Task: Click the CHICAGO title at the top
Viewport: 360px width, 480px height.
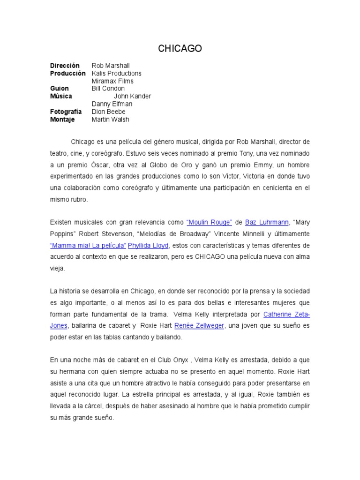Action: (x=180, y=49)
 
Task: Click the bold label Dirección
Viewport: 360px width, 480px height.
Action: (x=65, y=66)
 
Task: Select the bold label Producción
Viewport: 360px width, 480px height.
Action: (x=68, y=73)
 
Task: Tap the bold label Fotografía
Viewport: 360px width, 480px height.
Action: (x=66, y=112)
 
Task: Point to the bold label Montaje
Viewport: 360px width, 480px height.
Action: (x=63, y=119)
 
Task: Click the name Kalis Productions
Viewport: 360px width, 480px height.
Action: (x=116, y=73)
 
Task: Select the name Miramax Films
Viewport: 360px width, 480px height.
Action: (x=112, y=81)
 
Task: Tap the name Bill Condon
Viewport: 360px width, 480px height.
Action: (x=108, y=89)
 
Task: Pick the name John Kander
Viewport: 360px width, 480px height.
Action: (x=133, y=96)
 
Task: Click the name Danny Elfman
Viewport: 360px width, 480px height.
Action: (x=112, y=104)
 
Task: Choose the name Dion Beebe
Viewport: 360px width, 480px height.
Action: (x=109, y=112)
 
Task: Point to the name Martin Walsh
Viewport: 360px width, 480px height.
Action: (x=111, y=119)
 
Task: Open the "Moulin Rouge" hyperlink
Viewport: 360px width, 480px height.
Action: (x=209, y=222)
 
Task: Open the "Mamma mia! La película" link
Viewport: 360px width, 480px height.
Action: (x=88, y=245)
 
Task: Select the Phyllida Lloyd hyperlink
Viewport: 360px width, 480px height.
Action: (x=148, y=245)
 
